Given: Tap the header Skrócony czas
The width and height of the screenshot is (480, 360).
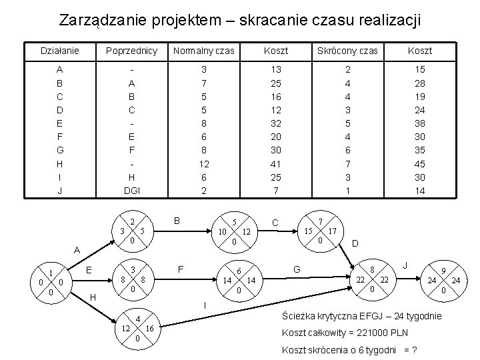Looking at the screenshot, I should [347, 51].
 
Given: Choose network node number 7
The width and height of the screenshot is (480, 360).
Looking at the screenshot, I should [321, 221].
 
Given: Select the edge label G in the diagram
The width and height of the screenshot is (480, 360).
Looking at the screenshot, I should [297, 269].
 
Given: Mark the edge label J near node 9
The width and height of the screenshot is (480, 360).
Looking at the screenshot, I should [405, 265].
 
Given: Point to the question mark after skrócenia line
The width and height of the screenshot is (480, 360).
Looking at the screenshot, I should [416, 350].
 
